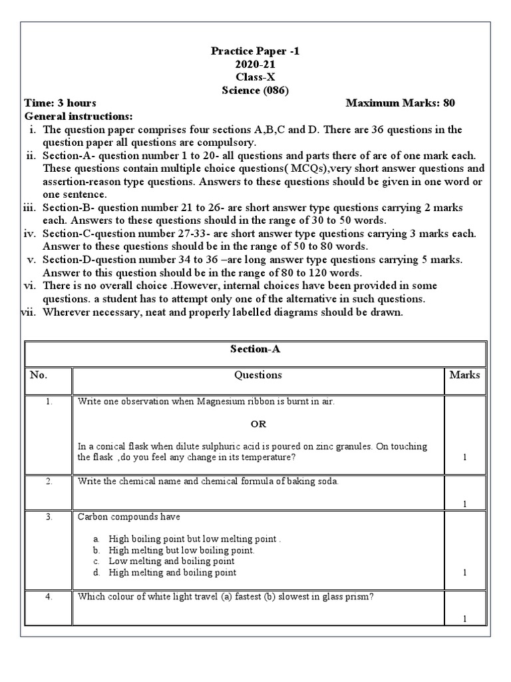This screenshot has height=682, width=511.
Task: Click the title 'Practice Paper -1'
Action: click(255, 51)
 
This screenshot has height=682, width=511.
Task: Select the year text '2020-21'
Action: click(255, 64)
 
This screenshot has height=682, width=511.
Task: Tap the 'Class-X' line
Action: click(255, 77)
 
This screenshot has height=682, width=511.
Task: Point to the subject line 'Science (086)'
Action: click(255, 91)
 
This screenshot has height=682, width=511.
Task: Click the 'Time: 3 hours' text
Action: click(61, 103)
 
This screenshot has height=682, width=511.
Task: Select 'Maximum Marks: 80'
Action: click(401, 103)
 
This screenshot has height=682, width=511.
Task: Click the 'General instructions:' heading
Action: click(79, 117)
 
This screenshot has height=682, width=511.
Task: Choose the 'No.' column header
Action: click(39, 375)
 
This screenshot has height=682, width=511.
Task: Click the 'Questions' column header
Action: click(257, 375)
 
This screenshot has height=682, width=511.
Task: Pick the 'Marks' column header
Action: click(464, 375)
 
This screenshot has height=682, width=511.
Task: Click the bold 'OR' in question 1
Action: click(257, 424)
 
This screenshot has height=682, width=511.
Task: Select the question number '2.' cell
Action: click(49, 482)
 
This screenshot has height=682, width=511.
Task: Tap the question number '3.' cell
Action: click(49, 517)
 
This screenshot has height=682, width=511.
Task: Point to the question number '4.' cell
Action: click(49, 597)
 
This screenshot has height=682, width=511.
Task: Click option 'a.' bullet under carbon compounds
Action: click(96, 539)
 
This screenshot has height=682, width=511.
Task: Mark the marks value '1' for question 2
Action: click(464, 504)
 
